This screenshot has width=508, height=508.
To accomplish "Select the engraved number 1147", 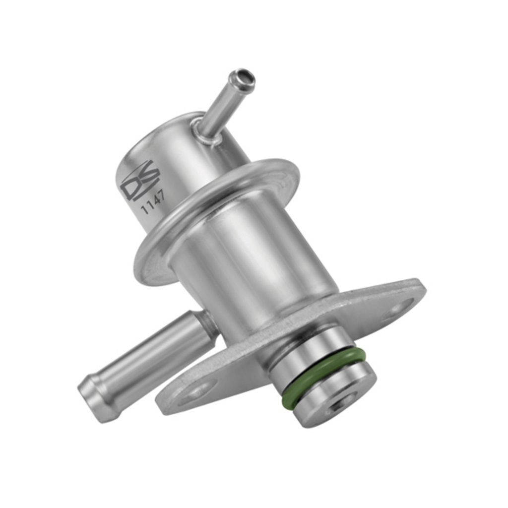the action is point(154,203).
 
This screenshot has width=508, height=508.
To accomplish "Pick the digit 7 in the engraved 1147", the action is point(163,194).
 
